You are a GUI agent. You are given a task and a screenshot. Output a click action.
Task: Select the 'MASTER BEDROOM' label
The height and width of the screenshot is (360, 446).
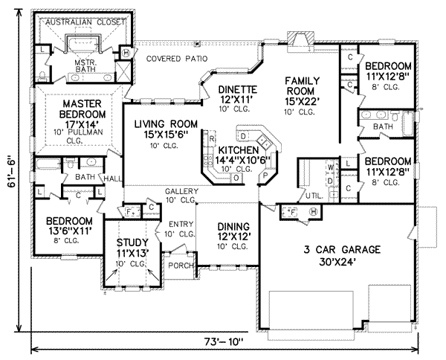coord(81,109)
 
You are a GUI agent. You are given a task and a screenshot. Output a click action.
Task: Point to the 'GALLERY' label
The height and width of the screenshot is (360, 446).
coord(180,191)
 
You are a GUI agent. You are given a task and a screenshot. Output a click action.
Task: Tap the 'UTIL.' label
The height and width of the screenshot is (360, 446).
coord(311,196)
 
